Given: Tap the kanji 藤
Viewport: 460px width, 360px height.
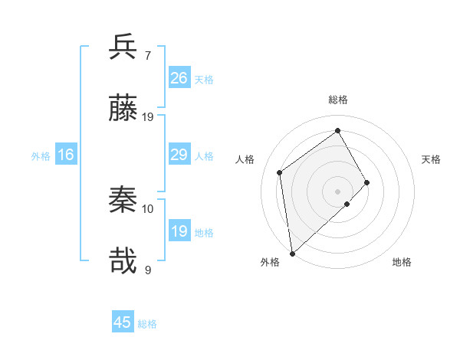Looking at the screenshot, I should pos(123,109).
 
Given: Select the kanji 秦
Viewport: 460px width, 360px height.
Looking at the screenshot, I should pos(123,200).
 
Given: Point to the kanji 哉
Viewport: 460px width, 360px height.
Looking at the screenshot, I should pos(123,262).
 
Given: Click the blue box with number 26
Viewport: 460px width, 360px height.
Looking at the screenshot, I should pos(179,78).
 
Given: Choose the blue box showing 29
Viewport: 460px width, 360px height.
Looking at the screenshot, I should pos(179,155).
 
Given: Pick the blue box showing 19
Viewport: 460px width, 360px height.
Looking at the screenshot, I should pos(179,231).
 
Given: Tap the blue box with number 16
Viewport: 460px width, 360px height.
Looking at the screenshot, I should pos(66,155).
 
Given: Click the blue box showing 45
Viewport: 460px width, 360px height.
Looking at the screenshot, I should pos(123,322).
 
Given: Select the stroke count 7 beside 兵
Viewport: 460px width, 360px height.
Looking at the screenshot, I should pos(147,55).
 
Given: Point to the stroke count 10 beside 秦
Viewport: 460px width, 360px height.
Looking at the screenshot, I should pos(148,208).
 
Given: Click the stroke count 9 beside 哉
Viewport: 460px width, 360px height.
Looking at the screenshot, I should pos(148,270).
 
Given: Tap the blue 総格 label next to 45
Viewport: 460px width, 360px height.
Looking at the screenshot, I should pos(147,324).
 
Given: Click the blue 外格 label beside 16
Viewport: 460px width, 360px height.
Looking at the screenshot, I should pos(41,155).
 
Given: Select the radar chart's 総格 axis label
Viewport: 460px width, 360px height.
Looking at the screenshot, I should pos(338,100).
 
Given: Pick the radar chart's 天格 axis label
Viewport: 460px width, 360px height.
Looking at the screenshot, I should pos(431,159).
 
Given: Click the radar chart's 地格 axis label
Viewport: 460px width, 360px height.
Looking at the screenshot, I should pos(402,262).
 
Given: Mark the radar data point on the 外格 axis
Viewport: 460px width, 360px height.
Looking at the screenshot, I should pos(291,253).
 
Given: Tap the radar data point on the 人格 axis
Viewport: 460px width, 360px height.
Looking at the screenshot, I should pos(280,172).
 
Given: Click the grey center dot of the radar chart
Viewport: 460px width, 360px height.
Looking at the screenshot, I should pos(338,191).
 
